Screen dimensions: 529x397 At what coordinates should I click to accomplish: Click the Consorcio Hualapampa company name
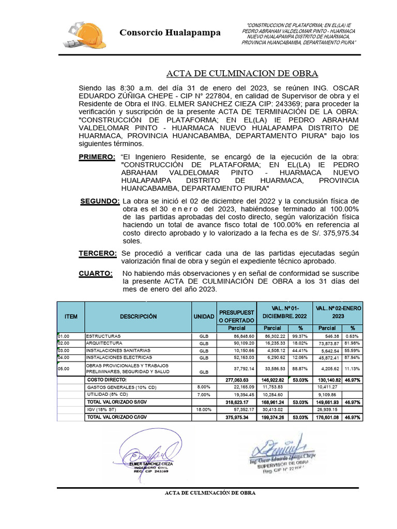tap(170, 33)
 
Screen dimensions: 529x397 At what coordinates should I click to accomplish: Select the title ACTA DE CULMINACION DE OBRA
tap(242, 73)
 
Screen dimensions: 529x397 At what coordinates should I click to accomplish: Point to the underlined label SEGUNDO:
tap(100, 201)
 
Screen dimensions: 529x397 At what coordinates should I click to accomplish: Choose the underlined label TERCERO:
tap(97, 253)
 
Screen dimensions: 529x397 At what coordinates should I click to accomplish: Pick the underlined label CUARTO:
tap(95, 273)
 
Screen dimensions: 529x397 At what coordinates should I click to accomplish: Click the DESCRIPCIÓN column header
tap(138, 316)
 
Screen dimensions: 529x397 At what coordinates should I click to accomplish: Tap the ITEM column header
tap(70, 316)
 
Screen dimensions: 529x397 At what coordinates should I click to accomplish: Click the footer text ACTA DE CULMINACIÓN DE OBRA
tap(209, 492)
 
